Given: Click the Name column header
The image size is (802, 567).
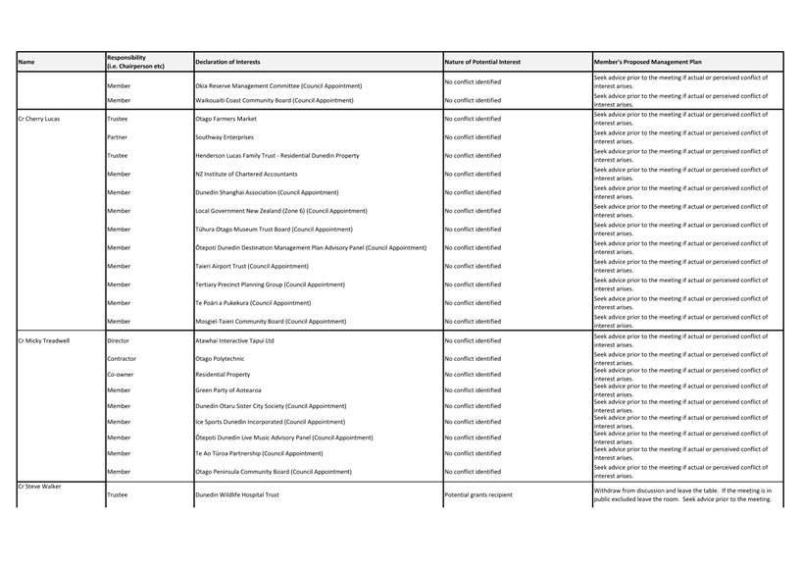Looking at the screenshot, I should (26, 62).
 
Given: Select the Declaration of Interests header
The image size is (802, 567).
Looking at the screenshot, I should (227, 62).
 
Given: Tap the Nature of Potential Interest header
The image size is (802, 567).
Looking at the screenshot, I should (482, 62).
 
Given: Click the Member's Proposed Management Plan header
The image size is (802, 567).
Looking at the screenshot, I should (647, 62).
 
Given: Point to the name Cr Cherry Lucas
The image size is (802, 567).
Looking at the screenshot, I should (39, 119).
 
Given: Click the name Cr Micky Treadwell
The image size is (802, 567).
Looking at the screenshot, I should (44, 340).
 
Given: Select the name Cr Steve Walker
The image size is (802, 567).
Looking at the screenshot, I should (39, 486).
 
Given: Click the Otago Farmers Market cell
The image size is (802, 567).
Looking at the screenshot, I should (226, 119).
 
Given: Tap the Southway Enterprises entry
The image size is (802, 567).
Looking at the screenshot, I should (225, 137).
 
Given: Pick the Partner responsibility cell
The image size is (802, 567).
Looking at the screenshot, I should (117, 137).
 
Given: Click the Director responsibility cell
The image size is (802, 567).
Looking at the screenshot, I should (118, 340).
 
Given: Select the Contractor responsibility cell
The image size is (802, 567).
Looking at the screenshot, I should (122, 358).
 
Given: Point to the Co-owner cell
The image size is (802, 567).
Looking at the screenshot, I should (120, 374).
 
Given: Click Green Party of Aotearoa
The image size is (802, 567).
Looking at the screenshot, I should (233, 389).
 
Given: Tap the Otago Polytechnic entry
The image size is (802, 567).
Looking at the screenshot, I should (221, 358).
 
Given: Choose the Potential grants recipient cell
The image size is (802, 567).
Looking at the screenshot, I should (478, 494).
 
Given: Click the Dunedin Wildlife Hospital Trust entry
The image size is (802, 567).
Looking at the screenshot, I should (237, 494).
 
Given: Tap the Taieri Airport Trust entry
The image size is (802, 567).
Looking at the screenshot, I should (252, 266).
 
